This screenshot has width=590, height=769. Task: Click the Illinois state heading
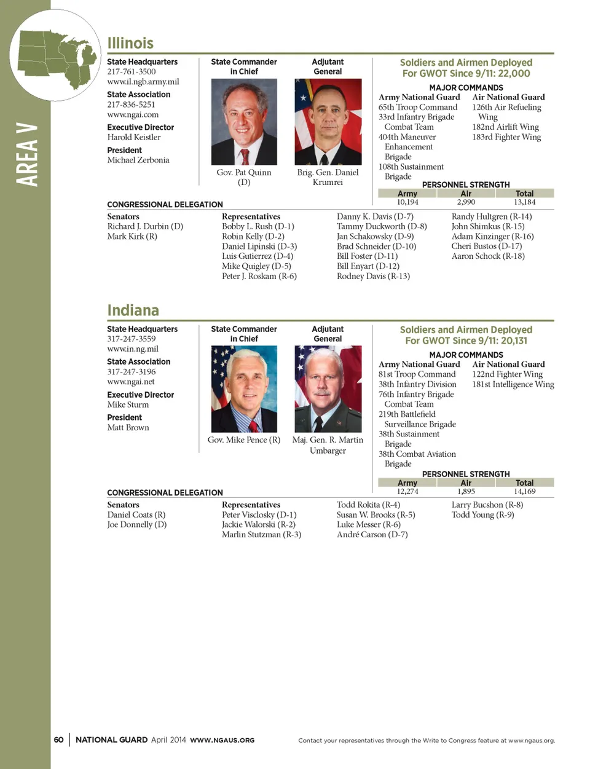pos(130,43)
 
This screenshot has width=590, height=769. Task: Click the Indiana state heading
pos(133,310)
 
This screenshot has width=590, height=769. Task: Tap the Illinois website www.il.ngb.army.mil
pos(143,82)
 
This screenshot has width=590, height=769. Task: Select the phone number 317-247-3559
pos(132,339)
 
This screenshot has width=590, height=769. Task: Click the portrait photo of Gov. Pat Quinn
pos(244,122)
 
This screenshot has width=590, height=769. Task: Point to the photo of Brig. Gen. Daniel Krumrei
pos(328,122)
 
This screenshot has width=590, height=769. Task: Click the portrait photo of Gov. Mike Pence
pos(244,388)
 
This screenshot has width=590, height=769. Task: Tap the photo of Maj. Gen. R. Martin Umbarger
pos(328,388)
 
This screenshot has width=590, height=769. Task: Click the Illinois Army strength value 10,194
pos(407,202)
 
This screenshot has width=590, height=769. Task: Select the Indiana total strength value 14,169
pos(524,492)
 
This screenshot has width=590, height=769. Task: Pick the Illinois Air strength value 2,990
pos(466,202)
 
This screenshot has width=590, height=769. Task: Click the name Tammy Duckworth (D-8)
pos(382,226)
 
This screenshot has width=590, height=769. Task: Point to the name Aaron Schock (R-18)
pos(488,256)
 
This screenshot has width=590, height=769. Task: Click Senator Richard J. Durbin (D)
pos(145,226)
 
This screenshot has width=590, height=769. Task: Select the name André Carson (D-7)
pos(372,535)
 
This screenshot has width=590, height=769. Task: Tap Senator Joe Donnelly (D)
pos(137,525)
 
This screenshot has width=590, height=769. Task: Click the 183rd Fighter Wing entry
pos(506,137)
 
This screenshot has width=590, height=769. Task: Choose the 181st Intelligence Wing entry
pos(513,384)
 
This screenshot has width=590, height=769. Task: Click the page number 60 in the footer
pos(58,740)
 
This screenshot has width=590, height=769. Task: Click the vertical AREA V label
pos(26,155)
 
